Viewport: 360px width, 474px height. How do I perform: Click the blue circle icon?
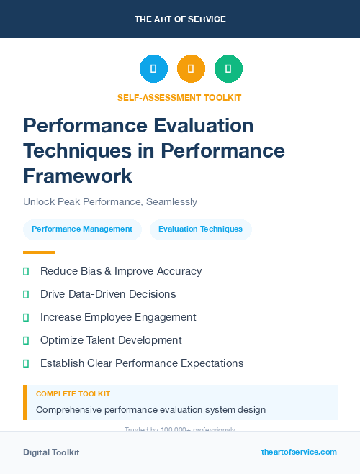153,69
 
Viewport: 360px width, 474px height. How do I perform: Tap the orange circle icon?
191,69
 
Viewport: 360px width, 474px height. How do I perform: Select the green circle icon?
228,69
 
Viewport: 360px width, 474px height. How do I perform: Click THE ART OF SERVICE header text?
180,19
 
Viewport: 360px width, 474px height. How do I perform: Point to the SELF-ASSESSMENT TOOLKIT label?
179,97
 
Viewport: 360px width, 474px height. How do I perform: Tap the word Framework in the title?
78,176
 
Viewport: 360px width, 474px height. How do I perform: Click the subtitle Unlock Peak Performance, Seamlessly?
110,202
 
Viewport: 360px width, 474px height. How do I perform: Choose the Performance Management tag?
82,229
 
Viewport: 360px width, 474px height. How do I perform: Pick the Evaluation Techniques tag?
201,229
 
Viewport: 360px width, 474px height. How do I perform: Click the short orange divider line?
39,252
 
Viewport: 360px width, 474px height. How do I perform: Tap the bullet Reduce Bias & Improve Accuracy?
121,271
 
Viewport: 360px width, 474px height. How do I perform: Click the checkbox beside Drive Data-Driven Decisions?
26,294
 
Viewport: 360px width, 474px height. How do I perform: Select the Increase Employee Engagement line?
118,317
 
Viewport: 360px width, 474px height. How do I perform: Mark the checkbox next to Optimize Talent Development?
26,340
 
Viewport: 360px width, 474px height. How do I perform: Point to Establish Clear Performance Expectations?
142,363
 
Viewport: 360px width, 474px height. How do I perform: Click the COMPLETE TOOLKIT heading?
73,394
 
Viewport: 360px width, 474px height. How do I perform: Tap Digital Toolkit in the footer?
51,452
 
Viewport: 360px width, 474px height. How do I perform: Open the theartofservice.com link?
299,452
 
